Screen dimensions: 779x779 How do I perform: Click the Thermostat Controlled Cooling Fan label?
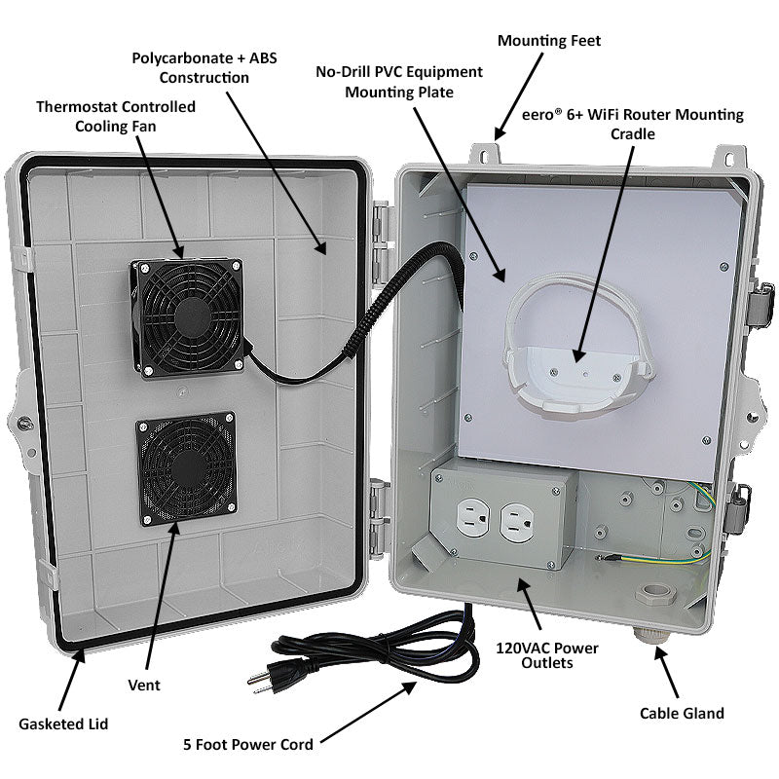coord(116,115)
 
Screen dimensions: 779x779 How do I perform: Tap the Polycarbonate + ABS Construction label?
coord(204,66)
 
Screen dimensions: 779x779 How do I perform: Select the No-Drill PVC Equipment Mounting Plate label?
coord(398,82)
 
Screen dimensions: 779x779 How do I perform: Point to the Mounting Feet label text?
coord(549,41)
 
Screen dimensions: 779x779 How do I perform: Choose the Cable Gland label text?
coord(682,713)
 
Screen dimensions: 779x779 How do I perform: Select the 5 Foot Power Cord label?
coord(248,745)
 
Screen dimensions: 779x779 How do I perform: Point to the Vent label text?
coord(144,685)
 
